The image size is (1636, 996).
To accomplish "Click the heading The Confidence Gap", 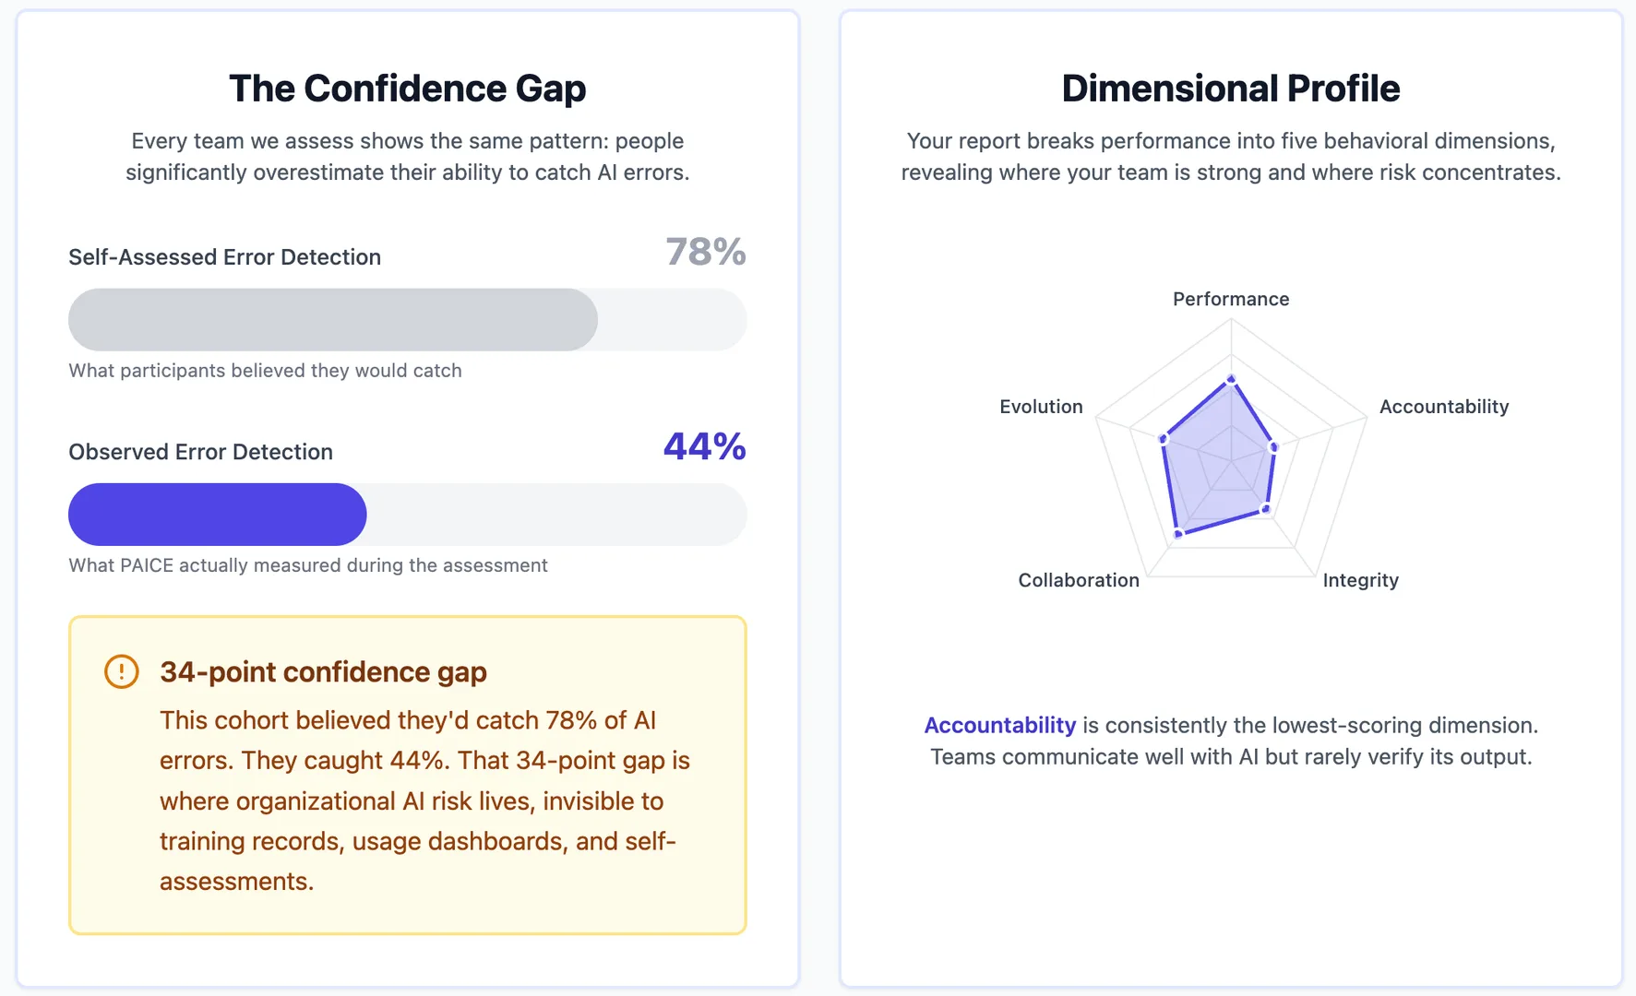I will point(407,89).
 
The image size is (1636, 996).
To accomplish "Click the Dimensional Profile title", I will point(1230,89).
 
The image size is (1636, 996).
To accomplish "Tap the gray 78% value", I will point(706,252).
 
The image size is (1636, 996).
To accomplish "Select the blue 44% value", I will point(704,447).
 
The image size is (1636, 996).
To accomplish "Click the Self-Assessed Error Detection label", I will point(224,257).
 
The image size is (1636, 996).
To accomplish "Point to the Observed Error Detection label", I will point(200,452).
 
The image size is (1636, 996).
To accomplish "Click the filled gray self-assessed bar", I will point(332,320).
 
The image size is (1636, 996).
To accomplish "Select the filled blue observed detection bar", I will point(217,515).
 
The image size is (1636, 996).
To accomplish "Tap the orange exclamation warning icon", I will point(122,671).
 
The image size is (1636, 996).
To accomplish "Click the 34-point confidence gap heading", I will point(323,672).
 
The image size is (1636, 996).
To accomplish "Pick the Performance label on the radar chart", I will point(1231,299).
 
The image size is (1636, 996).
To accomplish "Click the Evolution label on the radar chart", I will point(1041,407).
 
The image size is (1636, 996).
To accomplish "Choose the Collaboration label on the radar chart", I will point(1079,580).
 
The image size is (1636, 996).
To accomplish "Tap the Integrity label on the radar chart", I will point(1360,580).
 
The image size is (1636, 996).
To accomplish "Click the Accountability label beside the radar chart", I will point(1444,407).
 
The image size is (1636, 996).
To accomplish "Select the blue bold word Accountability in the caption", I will point(1000,726).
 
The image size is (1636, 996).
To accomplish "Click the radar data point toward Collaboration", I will point(1178,534).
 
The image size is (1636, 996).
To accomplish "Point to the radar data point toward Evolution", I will point(1164,440).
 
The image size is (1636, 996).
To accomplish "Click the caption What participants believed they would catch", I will point(265,371).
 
